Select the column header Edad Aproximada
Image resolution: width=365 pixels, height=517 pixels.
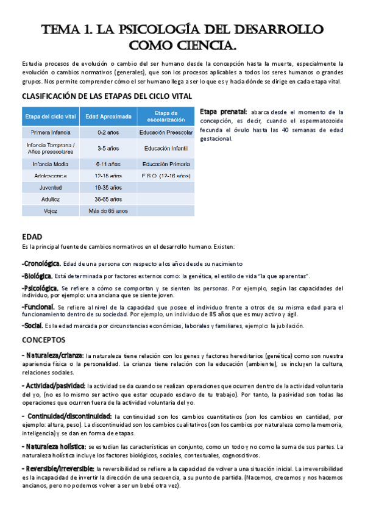pyautogui.click(x=108, y=116)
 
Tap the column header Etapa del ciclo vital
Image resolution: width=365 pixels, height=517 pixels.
pyautogui.click(x=51, y=116)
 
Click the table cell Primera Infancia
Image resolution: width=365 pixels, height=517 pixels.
pyautogui.click(x=51, y=132)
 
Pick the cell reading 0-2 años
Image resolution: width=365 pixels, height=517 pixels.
pyautogui.click(x=108, y=132)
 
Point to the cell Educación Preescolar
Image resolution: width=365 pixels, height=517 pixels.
pyautogui.click(x=166, y=132)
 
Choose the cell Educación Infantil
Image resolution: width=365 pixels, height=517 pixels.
pyautogui.click(x=166, y=148)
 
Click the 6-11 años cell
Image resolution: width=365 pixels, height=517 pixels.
pyautogui.click(x=108, y=164)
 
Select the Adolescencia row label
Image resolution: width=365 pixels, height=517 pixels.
pyautogui.click(x=51, y=175)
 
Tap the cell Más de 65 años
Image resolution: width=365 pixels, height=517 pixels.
pyautogui.click(x=108, y=211)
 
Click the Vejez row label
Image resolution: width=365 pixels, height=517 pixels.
pyautogui.click(x=51, y=211)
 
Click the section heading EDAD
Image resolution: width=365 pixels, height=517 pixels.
pyautogui.click(x=32, y=235)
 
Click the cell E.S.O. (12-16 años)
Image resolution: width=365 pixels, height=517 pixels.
pyautogui.click(x=166, y=175)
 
